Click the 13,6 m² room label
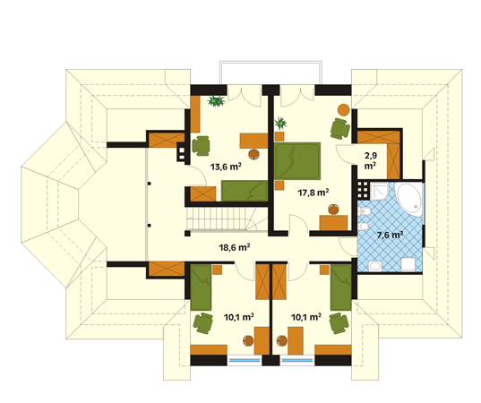pyautogui.click(x=226, y=167)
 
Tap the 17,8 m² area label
pyautogui.click(x=314, y=193)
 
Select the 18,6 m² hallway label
pyautogui.click(x=235, y=247)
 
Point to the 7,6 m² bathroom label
pyautogui.click(x=390, y=236)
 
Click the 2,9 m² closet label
pyautogui.click(x=371, y=160)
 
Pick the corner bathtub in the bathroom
pyautogui.click(x=408, y=200)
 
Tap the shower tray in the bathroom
pyautogui.click(x=379, y=192)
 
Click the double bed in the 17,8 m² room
pyautogui.click(x=297, y=161)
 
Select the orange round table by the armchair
pyautogui.click(x=344, y=110)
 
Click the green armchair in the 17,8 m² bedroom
pyautogui.click(x=339, y=128)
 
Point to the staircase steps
pyautogui.click(x=222, y=219)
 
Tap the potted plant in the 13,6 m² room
pyautogui.click(x=217, y=100)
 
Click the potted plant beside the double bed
pyautogui.click(x=280, y=124)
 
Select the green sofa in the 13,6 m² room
pyautogui.click(x=245, y=191)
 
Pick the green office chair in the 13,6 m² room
pyautogui.click(x=201, y=145)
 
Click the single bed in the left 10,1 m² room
pyautogui.click(x=201, y=287)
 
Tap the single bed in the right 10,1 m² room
pyautogui.click(x=340, y=287)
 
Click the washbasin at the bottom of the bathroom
pyautogui.click(x=374, y=266)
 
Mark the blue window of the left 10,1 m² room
pyautogui.click(x=245, y=360)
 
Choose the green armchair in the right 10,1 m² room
pyautogui.click(x=339, y=323)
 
